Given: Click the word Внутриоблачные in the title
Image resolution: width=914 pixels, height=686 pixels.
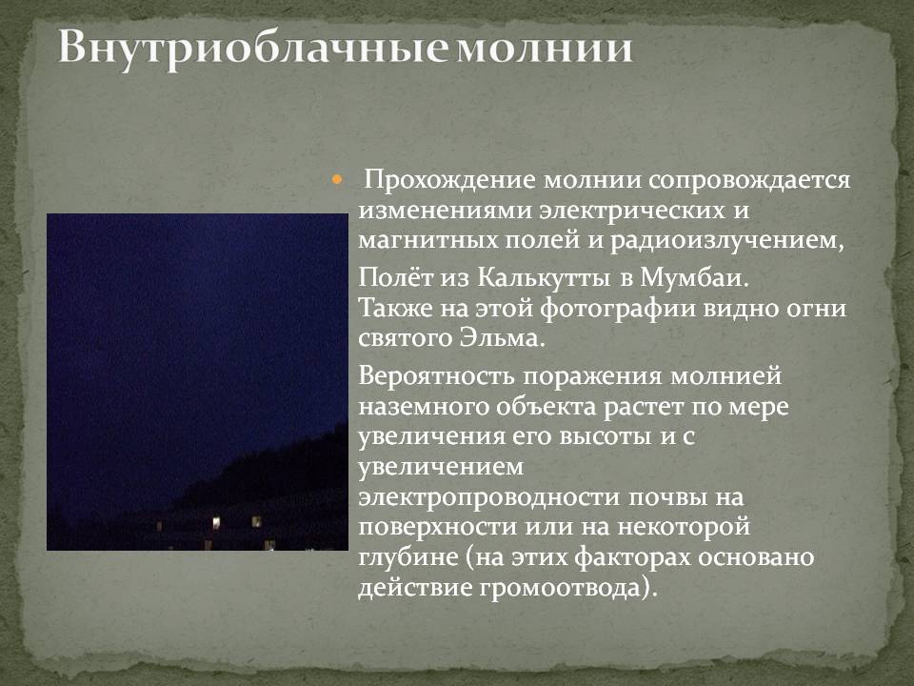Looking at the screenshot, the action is [252, 48].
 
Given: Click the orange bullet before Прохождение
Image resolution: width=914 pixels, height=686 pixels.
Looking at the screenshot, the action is [336, 180].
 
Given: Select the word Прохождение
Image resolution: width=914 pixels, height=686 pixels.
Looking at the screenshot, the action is [449, 180].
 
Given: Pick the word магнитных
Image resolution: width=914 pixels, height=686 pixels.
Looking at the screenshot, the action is [428, 240].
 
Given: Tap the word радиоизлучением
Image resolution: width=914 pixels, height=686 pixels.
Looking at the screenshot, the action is [726, 241].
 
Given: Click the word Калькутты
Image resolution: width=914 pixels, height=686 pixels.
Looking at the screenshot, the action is [544, 277].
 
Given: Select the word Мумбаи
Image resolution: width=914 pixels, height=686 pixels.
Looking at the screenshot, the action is [694, 277].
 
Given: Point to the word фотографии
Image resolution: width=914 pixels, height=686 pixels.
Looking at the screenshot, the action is [618, 309].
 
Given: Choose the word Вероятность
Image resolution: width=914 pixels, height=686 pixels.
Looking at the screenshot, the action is [437, 375].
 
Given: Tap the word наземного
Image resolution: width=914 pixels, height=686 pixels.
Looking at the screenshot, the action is [423, 406].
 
